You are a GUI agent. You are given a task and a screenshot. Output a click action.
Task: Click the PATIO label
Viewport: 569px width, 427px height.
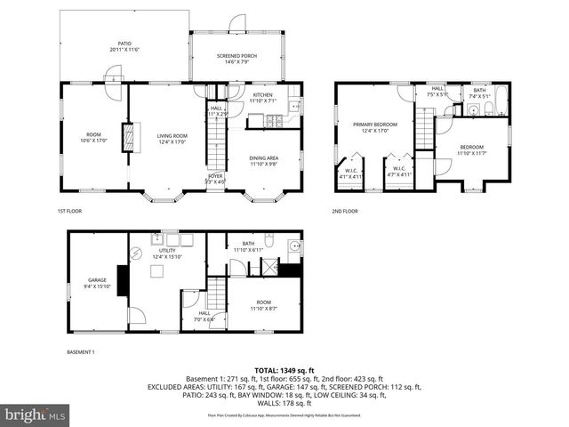coord(125,45)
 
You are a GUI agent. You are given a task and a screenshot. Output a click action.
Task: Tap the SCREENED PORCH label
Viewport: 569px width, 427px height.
coord(237,59)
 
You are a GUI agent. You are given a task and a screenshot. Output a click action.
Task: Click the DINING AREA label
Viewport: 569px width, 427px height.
coord(264,161)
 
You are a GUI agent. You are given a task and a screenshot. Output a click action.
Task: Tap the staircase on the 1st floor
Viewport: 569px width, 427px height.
coord(216,142)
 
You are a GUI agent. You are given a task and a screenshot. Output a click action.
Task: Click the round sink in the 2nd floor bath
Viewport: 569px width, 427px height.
coord(473,110)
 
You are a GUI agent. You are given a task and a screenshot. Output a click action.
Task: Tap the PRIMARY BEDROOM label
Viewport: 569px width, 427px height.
coord(373,126)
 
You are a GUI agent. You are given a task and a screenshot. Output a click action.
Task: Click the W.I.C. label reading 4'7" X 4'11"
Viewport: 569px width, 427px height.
coord(398,173)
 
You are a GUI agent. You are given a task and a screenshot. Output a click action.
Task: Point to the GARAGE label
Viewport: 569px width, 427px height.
coord(97,282)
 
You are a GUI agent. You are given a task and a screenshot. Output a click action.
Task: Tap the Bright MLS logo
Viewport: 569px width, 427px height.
coord(36,415)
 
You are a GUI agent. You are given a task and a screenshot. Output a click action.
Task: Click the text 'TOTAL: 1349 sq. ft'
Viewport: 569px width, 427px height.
coord(284,370)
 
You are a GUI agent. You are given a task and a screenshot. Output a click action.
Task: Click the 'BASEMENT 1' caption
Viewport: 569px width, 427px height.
coord(81,352)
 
